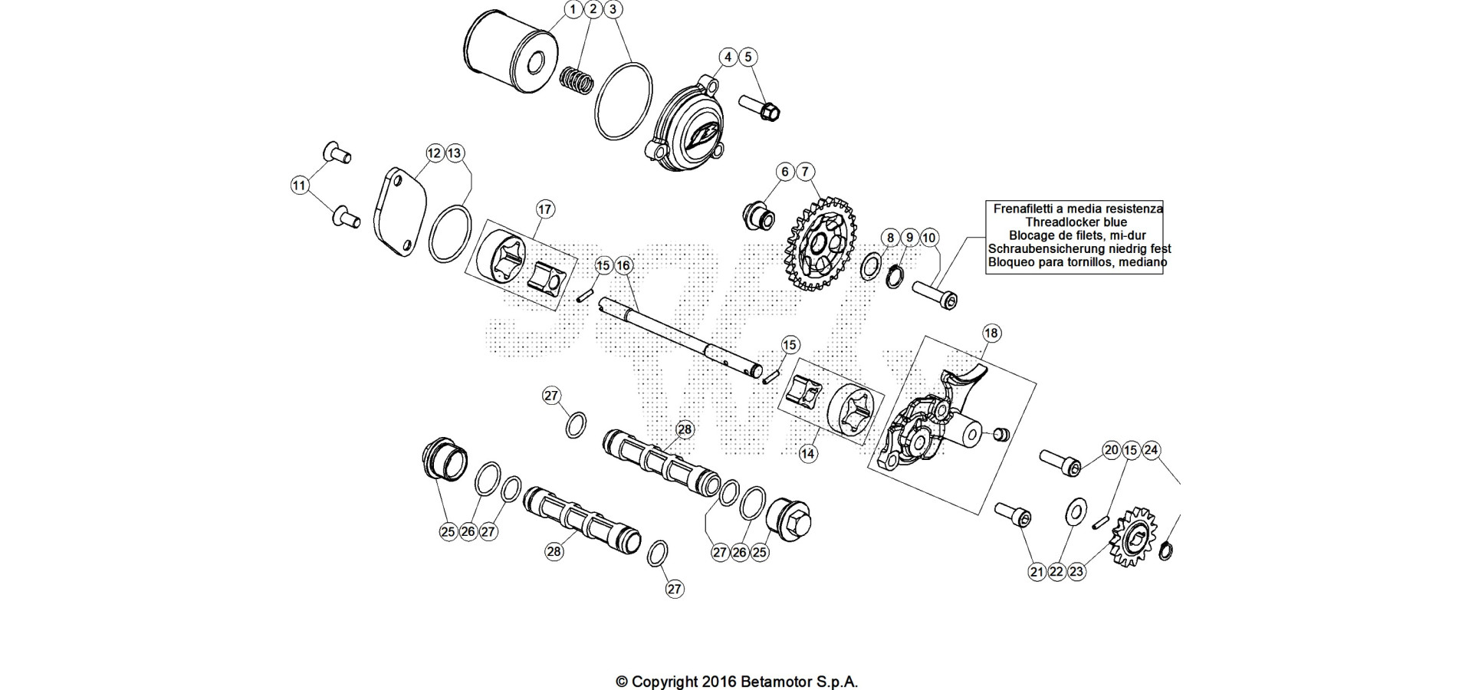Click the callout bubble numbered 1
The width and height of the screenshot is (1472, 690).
[573, 9]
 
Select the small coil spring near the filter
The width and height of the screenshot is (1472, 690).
[577, 80]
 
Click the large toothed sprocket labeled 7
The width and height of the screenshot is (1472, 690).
[821, 244]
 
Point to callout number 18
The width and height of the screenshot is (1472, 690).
[991, 333]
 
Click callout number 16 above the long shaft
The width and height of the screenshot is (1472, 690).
[623, 265]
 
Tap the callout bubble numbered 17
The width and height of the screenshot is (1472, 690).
[544, 209]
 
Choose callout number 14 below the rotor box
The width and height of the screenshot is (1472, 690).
[808, 453]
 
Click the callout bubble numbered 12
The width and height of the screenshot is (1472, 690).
[435, 153]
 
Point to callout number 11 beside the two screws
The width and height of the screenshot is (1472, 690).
[300, 185]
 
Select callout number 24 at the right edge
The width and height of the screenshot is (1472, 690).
[1151, 450]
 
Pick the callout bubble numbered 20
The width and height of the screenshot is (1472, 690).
[1112, 450]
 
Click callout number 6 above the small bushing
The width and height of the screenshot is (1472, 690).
[785, 172]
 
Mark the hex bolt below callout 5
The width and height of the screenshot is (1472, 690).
[760, 107]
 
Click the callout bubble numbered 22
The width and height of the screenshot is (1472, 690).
[1057, 572]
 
